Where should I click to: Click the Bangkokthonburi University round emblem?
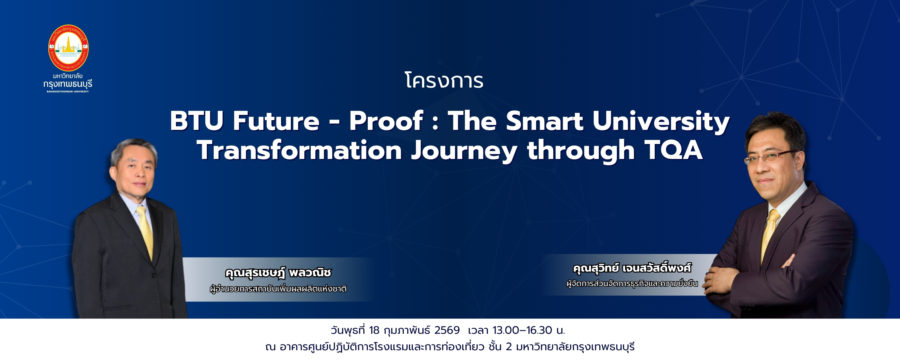click(x=68, y=48)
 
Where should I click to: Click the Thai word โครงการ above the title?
click(x=444, y=80)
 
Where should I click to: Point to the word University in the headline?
click(x=661, y=122)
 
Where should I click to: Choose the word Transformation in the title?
click(x=300, y=150)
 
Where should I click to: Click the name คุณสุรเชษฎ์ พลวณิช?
click(x=278, y=272)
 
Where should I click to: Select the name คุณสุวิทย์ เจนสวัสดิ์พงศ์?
click(x=632, y=268)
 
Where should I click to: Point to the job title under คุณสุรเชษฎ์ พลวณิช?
click(x=278, y=289)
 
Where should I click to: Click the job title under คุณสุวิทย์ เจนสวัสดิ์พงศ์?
click(x=632, y=283)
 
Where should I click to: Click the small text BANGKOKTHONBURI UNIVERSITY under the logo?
click(x=68, y=92)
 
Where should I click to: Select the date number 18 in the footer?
click(x=374, y=330)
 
